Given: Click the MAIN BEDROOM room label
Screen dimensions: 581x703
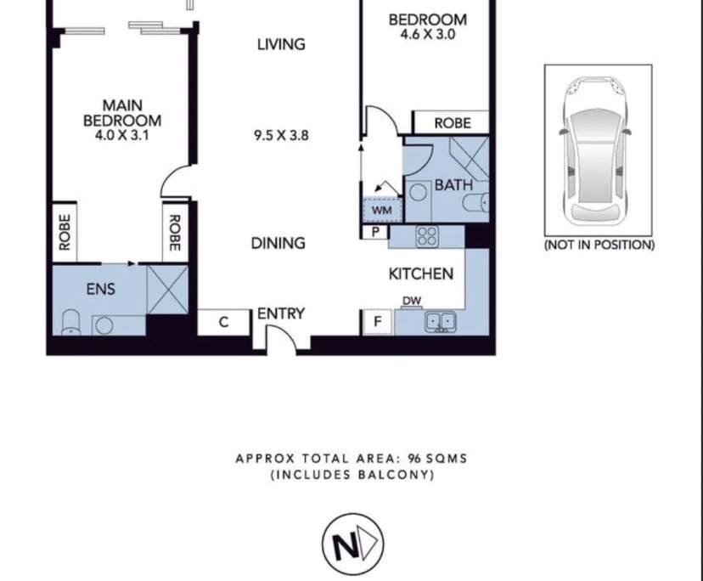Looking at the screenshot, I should [x=121, y=113].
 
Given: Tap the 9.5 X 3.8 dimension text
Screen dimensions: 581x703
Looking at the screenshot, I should [x=281, y=134].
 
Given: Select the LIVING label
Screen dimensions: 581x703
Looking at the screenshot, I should [x=281, y=43].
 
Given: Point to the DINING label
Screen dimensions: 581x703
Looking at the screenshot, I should [x=278, y=243].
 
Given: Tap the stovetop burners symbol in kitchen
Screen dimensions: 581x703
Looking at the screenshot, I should [x=426, y=237].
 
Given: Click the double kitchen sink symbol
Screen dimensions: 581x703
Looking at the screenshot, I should [x=441, y=321].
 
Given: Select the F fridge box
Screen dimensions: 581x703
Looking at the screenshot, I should [x=377, y=322].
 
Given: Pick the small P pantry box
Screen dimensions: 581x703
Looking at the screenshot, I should [x=374, y=231].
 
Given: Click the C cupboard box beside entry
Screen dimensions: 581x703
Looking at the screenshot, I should [x=224, y=322].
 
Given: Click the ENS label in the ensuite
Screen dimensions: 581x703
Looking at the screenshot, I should [x=100, y=289].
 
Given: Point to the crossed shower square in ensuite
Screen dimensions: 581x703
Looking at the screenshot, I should [x=167, y=289].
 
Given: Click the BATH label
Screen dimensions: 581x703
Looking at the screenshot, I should [x=453, y=184].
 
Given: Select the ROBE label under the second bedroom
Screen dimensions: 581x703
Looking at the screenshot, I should [x=452, y=122].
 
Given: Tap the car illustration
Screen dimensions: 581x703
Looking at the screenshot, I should [x=597, y=149].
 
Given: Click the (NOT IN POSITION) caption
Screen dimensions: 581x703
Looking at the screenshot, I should [x=599, y=245].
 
